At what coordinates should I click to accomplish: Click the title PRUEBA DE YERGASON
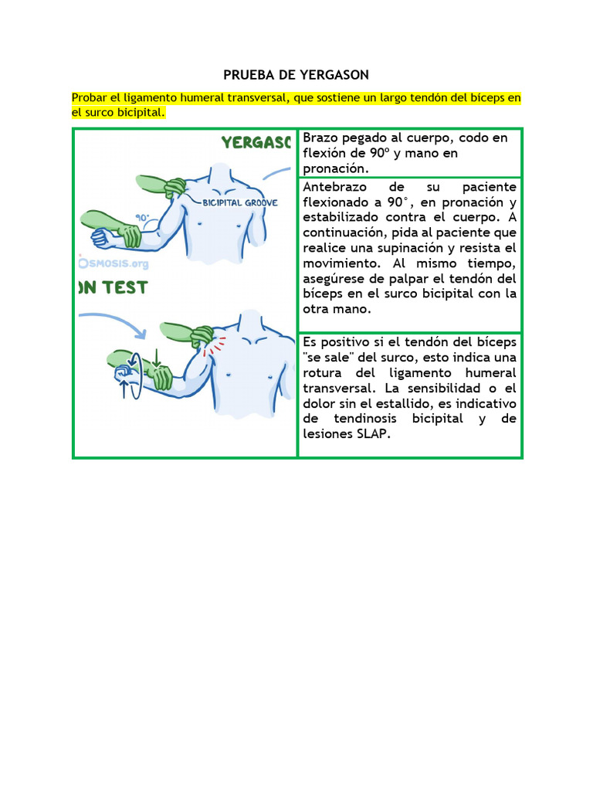tap(296, 75)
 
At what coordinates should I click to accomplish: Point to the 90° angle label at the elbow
tap(143, 218)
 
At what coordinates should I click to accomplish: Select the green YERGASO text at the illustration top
tap(256, 143)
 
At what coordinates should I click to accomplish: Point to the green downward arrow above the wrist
tap(156, 358)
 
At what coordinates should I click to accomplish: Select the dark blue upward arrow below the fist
tap(124, 389)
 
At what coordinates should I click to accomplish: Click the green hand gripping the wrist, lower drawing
tap(159, 378)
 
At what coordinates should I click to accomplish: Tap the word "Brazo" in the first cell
tap(321, 138)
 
